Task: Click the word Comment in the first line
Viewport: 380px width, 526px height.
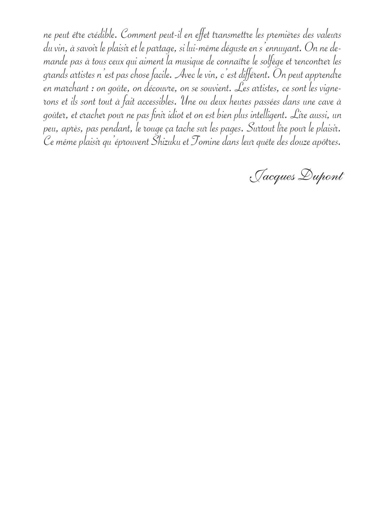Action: [136, 34]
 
